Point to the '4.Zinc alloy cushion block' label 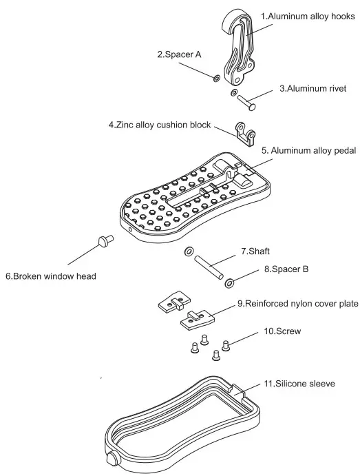point(159,125)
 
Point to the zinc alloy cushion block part point(245,133)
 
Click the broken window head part point(105,240)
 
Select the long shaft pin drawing point(207,266)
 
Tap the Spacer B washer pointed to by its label point(229,280)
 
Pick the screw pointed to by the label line point(226,344)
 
